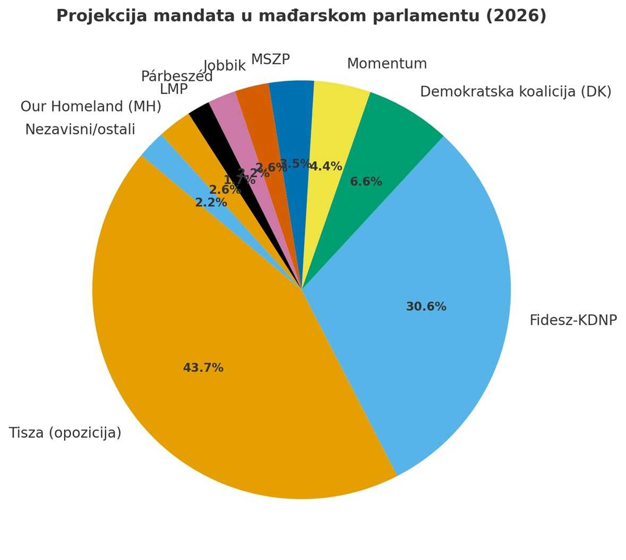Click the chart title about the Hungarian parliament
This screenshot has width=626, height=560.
pos(301,16)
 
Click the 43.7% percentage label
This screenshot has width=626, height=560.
pos(203,368)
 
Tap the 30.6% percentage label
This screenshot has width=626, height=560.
pos(426,307)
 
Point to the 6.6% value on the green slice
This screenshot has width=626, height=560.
pos(366,182)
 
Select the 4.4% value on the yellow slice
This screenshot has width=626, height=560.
pos(325,166)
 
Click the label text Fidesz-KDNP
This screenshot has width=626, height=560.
pos(573,320)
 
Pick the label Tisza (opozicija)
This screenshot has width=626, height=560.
pos(65,433)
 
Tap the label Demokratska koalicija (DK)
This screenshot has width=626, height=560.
pos(515,92)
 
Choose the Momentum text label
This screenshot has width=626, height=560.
pos(387,64)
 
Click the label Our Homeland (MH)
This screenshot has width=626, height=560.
pos(91,106)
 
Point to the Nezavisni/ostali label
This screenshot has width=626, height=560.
pos(80,129)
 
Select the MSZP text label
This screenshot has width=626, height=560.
pos(270,60)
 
